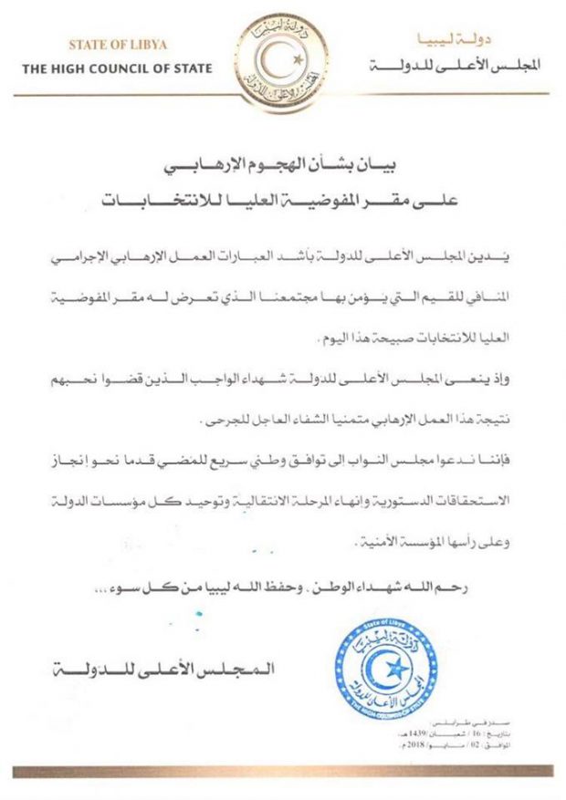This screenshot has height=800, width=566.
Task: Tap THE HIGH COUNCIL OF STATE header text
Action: pos(118,68)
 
